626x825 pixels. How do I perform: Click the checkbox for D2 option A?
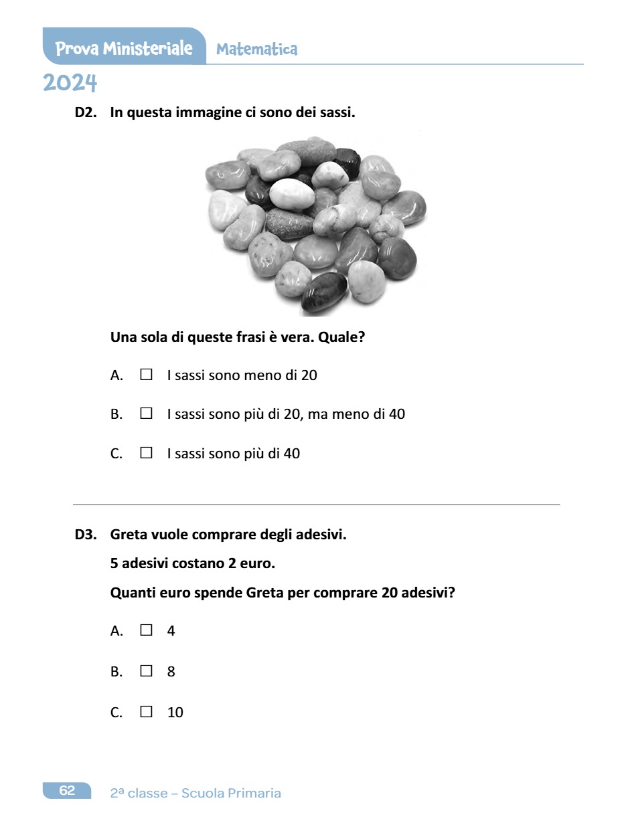[x=146, y=375]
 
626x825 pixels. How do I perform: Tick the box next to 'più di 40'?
[x=146, y=453]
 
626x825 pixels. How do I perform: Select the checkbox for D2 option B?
[x=146, y=414]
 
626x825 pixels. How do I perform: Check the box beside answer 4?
[x=146, y=630]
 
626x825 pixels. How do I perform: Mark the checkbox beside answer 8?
[x=146, y=670]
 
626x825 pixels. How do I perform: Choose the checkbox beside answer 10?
[x=146, y=711]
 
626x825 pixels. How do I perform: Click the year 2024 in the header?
[x=70, y=84]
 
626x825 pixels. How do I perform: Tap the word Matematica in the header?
[x=256, y=49]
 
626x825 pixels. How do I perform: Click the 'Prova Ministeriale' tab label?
[x=124, y=48]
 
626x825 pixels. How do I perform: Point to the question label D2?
[x=86, y=112]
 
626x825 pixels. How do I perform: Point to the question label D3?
[x=86, y=535]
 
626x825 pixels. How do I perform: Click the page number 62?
[x=67, y=790]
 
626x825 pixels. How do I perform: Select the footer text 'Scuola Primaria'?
[x=231, y=793]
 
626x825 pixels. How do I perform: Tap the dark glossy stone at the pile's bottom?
[x=324, y=292]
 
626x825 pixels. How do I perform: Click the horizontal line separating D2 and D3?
[x=316, y=505]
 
